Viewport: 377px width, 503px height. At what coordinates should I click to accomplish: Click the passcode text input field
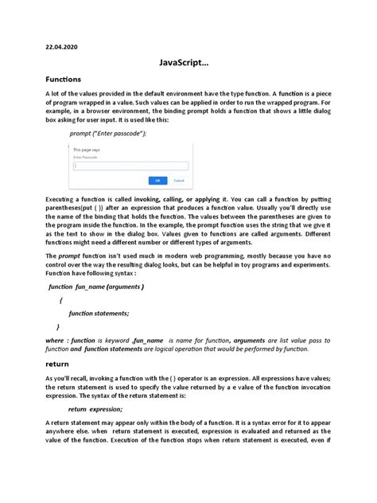tap(130, 166)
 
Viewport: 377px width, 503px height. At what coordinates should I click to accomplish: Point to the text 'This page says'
tap(85, 149)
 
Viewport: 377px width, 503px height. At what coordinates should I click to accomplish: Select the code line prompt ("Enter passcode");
tap(108, 134)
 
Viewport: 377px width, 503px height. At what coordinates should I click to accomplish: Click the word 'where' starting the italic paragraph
tap(35, 339)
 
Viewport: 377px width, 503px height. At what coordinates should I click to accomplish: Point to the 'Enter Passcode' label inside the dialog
tap(85, 158)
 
